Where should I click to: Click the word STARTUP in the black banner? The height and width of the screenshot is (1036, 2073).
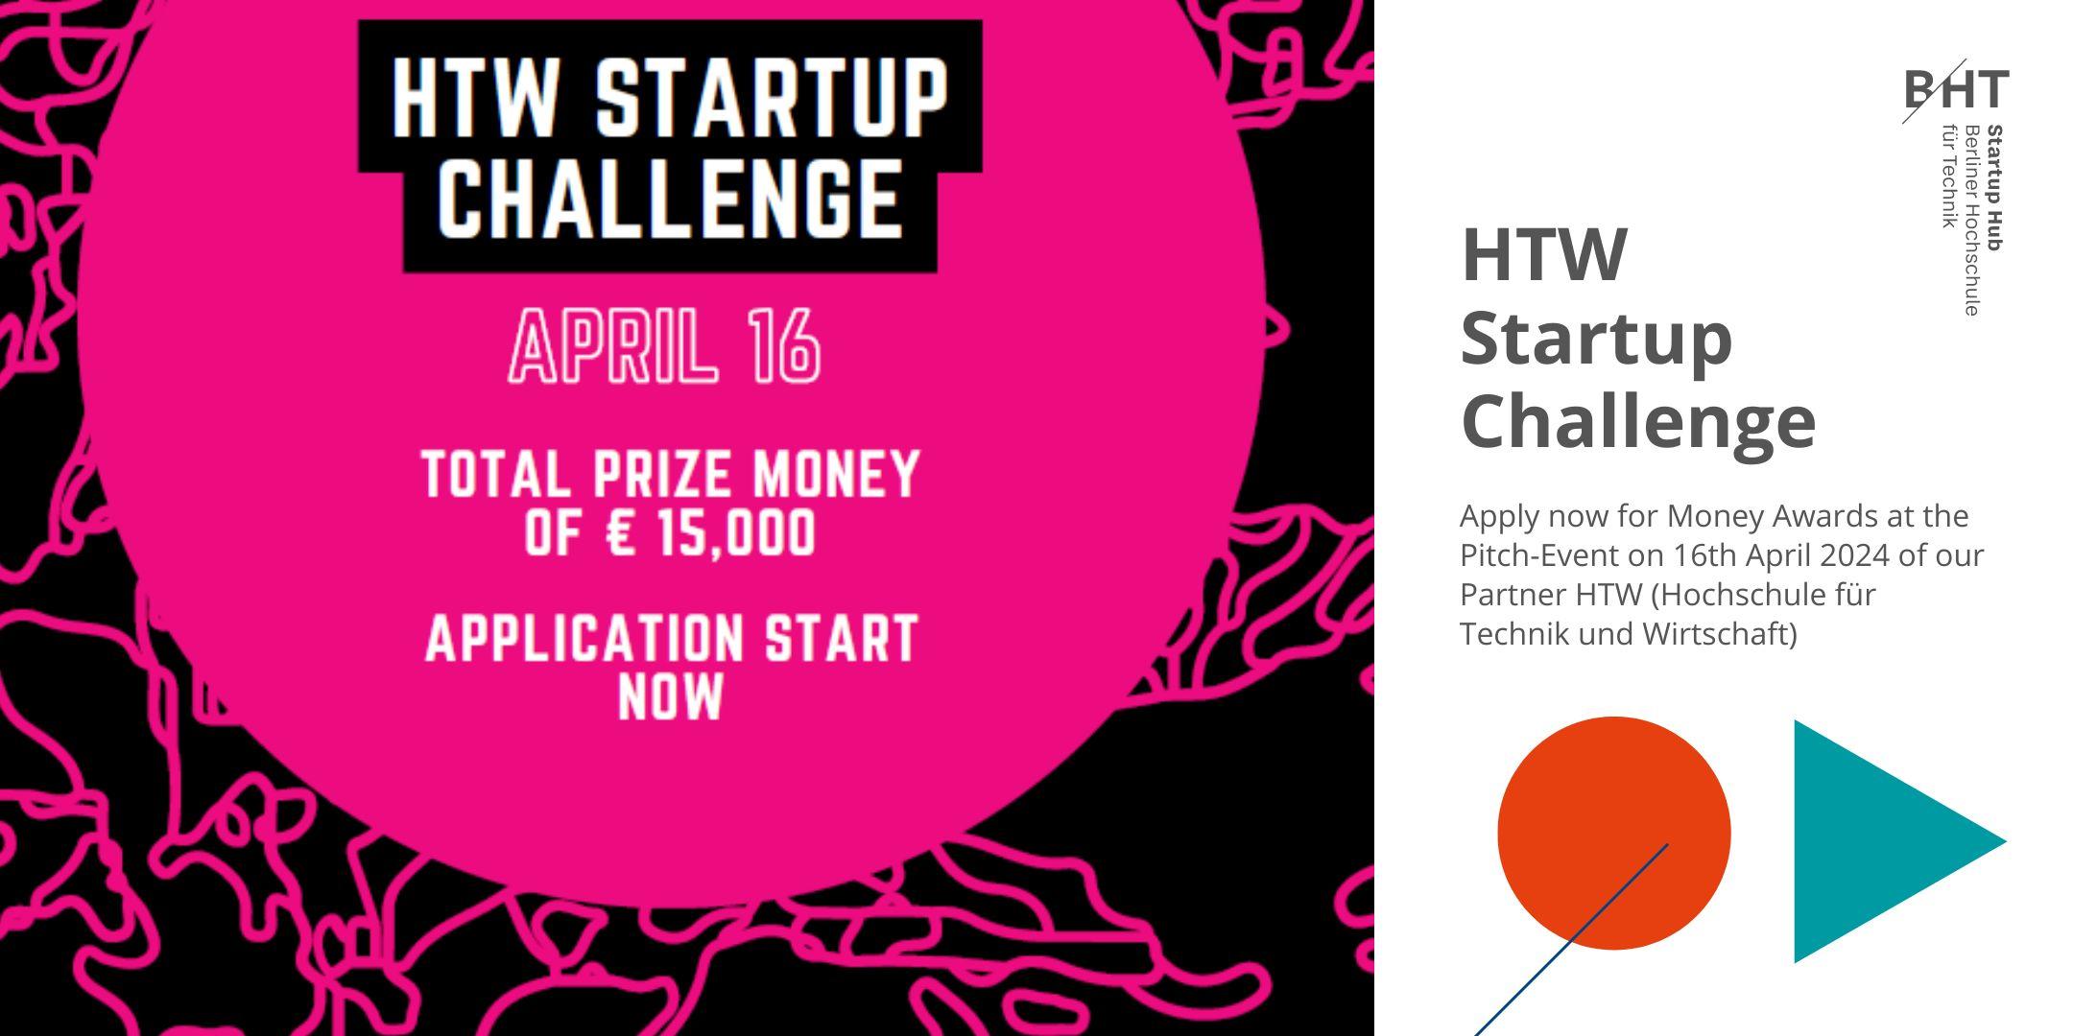pyautogui.click(x=772, y=99)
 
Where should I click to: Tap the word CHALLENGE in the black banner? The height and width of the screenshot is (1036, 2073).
pyautogui.click(x=670, y=199)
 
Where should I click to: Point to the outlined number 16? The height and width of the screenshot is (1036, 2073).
pyautogui.click(x=786, y=345)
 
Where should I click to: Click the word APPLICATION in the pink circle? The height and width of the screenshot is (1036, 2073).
pyautogui.click(x=584, y=638)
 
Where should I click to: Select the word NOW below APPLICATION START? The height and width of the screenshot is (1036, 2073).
pyautogui.click(x=671, y=696)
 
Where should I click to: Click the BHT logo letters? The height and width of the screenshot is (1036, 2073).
pyautogui.click(x=1957, y=89)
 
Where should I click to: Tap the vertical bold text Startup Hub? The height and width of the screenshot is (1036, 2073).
pyautogui.click(x=1995, y=188)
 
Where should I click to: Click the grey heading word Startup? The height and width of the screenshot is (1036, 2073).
pyautogui.click(x=1596, y=340)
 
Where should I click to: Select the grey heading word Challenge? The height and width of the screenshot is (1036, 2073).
pyautogui.click(x=1638, y=422)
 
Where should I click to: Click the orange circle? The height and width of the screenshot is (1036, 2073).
pyautogui.click(x=1614, y=833)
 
